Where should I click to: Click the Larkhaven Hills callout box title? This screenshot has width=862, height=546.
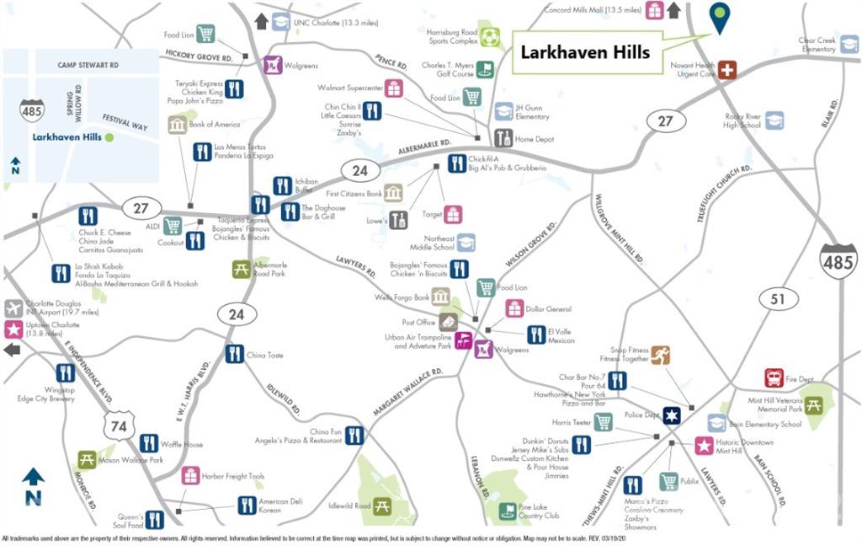tap(585, 52)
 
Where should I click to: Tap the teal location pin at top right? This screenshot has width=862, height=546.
tap(719, 18)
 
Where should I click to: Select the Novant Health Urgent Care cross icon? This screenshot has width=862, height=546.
tap(726, 70)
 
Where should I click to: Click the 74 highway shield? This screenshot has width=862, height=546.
tap(119, 426)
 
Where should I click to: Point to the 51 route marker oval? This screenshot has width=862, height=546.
tap(777, 298)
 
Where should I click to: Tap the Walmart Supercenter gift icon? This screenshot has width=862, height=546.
tap(394, 88)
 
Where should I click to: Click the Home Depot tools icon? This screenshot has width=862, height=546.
tap(503, 138)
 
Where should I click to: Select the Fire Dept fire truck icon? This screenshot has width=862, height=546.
tap(774, 377)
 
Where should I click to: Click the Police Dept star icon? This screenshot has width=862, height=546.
tap(671, 415)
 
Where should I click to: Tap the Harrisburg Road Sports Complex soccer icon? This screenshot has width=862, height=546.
tap(490, 36)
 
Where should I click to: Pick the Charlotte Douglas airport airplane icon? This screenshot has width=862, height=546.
tap(13, 308)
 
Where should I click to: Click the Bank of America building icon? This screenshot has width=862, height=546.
tap(178, 125)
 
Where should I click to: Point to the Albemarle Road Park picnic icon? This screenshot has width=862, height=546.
tap(242, 269)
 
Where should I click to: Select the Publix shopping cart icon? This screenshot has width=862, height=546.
tap(668, 481)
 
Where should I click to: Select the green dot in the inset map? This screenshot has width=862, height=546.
tap(109, 136)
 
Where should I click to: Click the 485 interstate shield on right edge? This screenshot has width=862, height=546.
tap(838, 261)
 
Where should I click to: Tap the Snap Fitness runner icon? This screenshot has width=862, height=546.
tap(660, 355)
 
